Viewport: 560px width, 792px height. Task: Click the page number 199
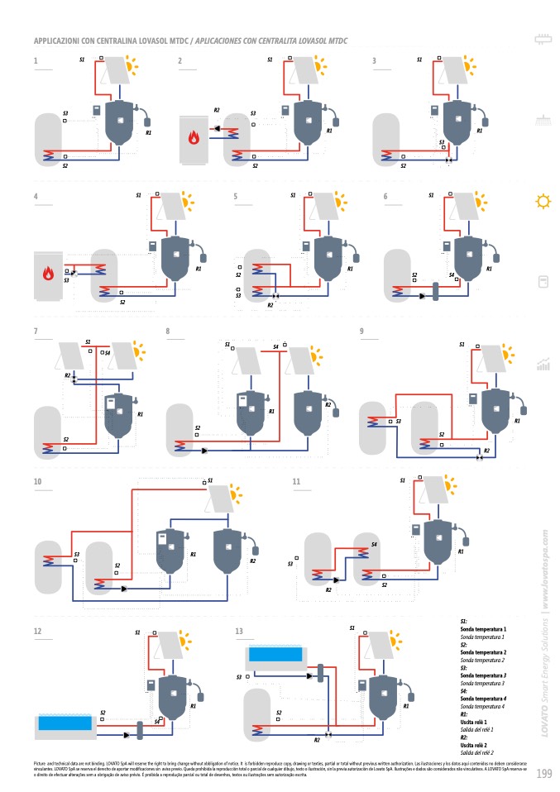[543, 773]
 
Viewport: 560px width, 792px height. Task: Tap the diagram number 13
[239, 632]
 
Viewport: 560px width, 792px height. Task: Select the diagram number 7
[36, 332]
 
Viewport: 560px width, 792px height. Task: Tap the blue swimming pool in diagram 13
[276, 656]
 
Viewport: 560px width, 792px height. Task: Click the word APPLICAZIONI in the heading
[59, 40]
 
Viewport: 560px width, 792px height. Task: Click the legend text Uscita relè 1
[477, 723]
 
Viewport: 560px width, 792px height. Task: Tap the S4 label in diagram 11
[374, 544]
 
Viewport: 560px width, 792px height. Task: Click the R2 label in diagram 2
[217, 110]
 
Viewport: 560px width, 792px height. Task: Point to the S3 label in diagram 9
[398, 422]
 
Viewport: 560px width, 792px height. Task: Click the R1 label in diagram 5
[350, 268]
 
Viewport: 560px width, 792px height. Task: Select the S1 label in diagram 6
[430, 196]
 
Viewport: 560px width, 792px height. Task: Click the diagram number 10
[38, 481]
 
